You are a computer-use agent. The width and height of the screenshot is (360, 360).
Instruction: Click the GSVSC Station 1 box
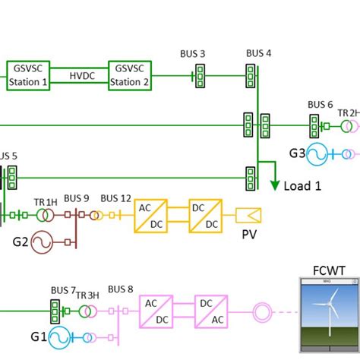29,76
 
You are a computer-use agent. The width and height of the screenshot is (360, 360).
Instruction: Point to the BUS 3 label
193,54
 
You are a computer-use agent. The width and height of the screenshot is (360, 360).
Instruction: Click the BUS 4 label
258,53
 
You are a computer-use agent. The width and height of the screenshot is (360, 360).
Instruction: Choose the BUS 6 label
320,105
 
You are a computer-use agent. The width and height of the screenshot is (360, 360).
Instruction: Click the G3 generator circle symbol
317,155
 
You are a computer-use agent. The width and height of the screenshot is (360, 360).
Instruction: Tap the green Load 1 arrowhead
273,185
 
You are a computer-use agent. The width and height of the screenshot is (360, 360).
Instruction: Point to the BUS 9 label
77,199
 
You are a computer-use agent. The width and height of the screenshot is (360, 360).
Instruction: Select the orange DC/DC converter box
207,216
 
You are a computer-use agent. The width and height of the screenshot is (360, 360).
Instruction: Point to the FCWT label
327,270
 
